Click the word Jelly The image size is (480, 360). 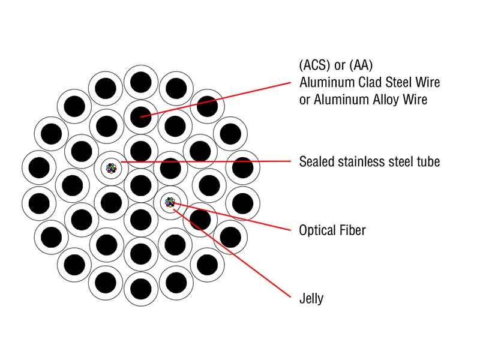(x=311, y=298)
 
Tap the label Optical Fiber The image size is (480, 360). (x=332, y=230)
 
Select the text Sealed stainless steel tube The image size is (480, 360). (x=370, y=161)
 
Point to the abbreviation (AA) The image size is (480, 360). (x=361, y=65)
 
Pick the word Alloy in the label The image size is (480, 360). (x=386, y=100)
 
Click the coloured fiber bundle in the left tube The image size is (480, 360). (x=111, y=168)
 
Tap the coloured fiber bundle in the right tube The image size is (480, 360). (x=170, y=202)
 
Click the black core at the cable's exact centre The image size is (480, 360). (x=141, y=185)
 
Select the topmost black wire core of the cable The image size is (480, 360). (x=141, y=82)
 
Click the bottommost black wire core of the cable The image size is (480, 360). (x=141, y=289)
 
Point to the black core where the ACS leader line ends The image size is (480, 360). (x=141, y=117)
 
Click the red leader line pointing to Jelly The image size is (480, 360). (x=232, y=253)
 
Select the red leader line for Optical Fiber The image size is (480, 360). (x=232, y=216)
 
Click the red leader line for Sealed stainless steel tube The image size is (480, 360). (x=206, y=161)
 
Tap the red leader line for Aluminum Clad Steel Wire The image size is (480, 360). (x=215, y=100)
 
